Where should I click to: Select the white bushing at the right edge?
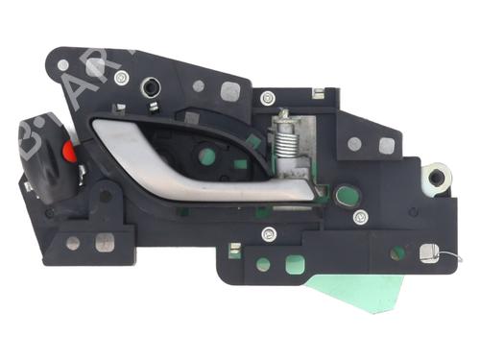(x=438, y=178)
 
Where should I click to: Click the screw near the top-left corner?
(x=122, y=78)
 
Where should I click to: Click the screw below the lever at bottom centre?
(x=270, y=233)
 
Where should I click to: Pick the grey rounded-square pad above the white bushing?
(x=386, y=146)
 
